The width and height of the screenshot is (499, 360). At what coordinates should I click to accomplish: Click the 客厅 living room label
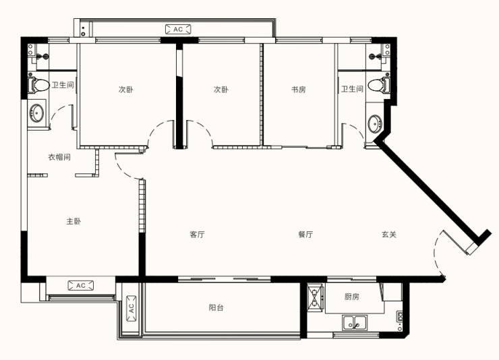(x=197, y=235)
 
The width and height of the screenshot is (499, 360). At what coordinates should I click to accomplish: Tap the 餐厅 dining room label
(x=305, y=235)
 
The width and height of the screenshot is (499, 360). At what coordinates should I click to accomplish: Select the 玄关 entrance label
(x=389, y=235)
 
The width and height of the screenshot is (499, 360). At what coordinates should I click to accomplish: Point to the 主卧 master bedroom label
(x=74, y=221)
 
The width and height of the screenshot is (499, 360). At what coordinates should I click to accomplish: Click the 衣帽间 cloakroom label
(x=59, y=157)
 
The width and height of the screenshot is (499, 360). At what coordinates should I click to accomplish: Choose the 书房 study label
(x=299, y=90)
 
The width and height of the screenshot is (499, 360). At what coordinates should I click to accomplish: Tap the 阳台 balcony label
(x=216, y=307)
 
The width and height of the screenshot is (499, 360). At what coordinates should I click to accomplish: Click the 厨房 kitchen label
(x=351, y=297)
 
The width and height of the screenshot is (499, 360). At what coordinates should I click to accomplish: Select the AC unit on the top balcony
(x=178, y=29)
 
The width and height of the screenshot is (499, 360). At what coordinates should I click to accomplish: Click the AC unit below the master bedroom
(x=80, y=286)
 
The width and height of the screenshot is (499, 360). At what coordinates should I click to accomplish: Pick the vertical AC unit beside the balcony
(x=131, y=309)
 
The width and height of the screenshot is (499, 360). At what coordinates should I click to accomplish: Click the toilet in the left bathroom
(x=38, y=84)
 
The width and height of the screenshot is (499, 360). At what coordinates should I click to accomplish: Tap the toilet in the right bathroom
(x=379, y=85)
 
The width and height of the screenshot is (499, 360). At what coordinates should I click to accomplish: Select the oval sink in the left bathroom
(x=36, y=113)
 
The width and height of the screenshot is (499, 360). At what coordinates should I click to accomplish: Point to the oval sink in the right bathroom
(x=374, y=123)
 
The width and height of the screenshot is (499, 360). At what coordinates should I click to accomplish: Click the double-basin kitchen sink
(x=355, y=322)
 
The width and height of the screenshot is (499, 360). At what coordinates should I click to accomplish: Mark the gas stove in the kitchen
(x=316, y=298)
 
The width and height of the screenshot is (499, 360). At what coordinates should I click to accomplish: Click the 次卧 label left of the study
(x=221, y=90)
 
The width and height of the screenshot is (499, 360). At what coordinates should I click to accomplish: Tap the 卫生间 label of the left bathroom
(x=63, y=85)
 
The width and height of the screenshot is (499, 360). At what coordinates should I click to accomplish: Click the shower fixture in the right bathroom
(x=375, y=57)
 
